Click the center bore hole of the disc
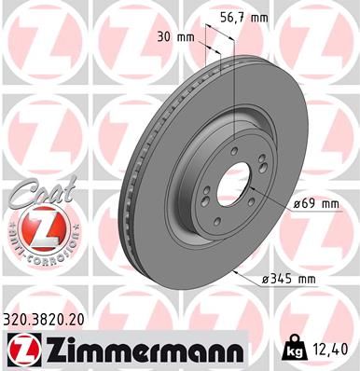pos(230,185)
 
